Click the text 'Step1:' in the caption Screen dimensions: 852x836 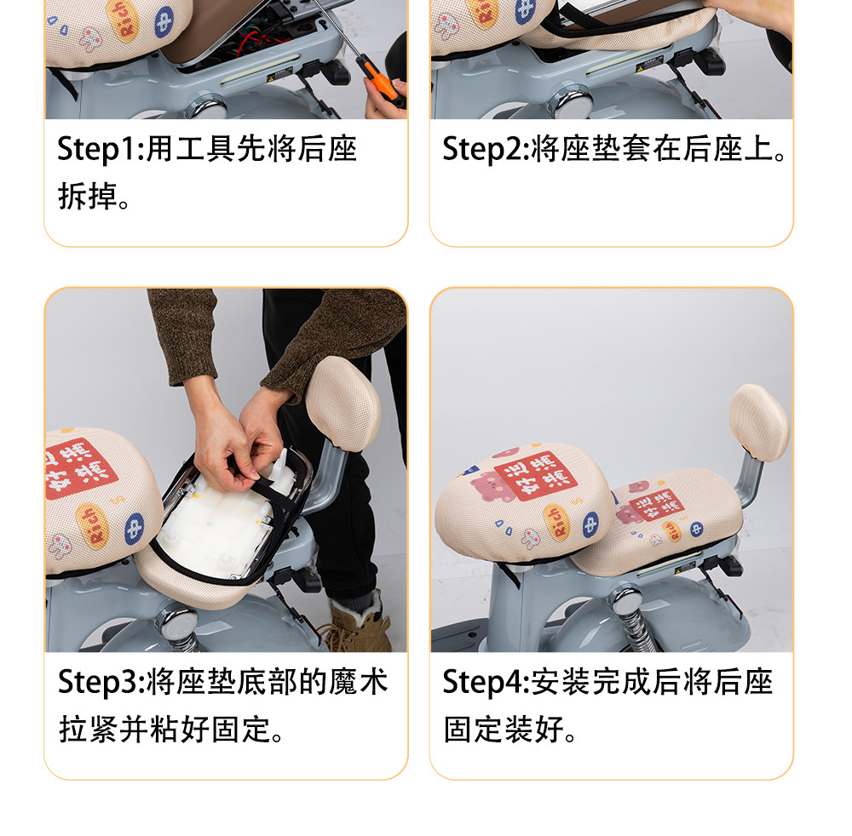tap(101, 149)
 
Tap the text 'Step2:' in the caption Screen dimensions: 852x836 tap(486, 149)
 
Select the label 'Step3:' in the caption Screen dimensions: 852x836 tap(101, 682)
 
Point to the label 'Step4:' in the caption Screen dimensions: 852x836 tap(486, 682)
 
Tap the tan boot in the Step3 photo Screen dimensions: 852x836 tap(361, 623)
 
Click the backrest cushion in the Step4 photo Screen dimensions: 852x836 tap(759, 422)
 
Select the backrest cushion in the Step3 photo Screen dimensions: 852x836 tap(343, 403)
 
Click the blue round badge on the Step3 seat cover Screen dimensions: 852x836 tap(135, 528)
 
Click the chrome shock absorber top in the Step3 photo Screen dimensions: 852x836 tap(178, 627)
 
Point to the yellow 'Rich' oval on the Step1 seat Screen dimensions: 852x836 tap(124, 20)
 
